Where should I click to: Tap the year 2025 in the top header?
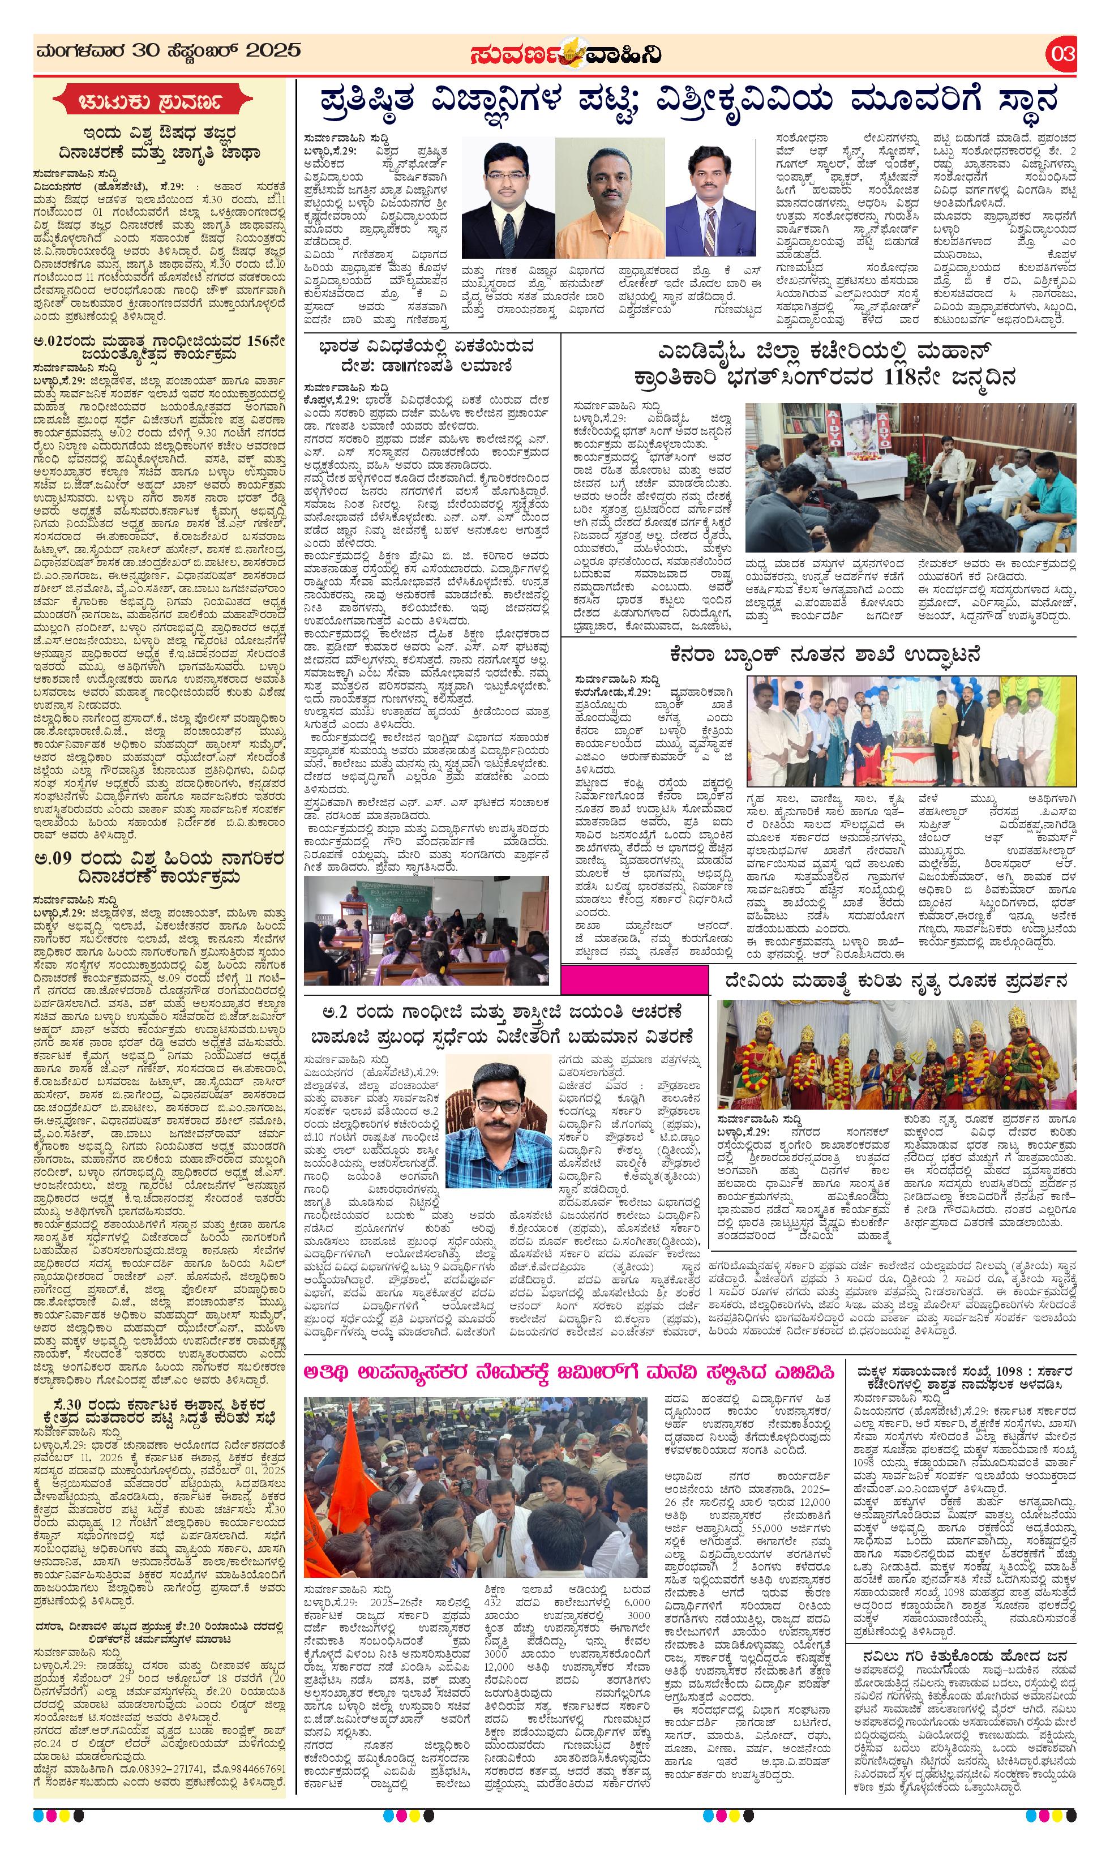pyautogui.click(x=272, y=51)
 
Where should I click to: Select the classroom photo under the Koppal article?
pyautogui.click(x=426, y=931)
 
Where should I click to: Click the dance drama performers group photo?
pyautogui.click(x=896, y=1055)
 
